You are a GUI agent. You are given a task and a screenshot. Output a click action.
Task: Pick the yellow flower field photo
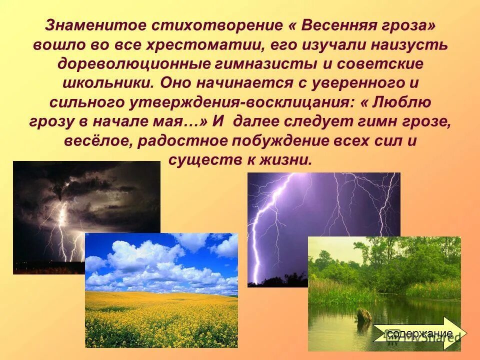[161, 290]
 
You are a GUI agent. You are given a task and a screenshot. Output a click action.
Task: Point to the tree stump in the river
[363, 313]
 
